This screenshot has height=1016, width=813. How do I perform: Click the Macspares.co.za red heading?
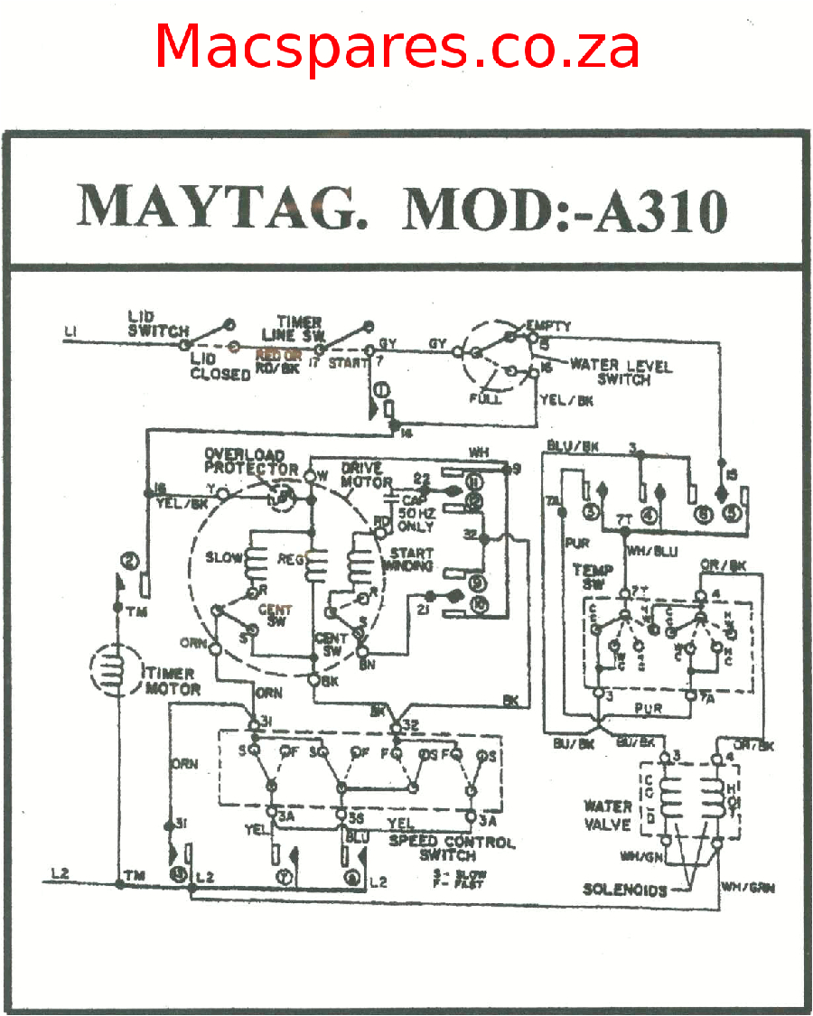(x=397, y=47)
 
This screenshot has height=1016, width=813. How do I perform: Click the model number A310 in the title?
(x=659, y=210)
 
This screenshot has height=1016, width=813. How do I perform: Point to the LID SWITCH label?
(x=157, y=324)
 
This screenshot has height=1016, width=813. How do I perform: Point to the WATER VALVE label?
(x=608, y=815)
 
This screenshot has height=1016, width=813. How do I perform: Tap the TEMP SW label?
(x=593, y=577)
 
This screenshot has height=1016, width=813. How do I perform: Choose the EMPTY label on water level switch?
(x=548, y=325)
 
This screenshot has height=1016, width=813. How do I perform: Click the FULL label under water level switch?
(x=484, y=398)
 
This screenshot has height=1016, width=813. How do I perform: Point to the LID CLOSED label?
(x=220, y=367)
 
